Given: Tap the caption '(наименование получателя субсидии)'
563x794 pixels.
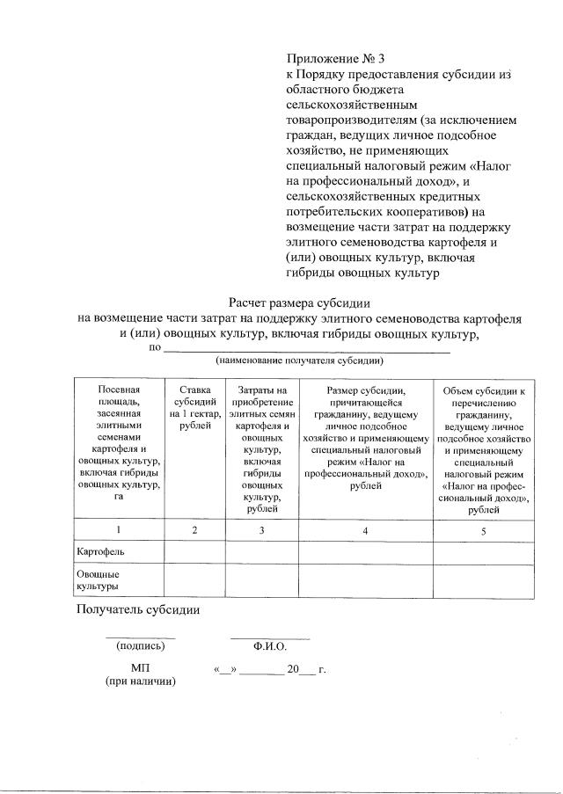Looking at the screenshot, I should tap(300, 361).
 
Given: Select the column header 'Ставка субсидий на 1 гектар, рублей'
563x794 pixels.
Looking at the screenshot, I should tap(194, 407).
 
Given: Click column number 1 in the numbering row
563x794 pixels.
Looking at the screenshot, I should tap(118, 530).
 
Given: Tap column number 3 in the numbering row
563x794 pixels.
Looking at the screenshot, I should tap(262, 530).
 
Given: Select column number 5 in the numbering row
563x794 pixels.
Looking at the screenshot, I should tap(483, 530).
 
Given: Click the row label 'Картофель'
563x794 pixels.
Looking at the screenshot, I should tap(100, 551).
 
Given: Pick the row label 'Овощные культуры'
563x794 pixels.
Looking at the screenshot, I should tap(99, 579).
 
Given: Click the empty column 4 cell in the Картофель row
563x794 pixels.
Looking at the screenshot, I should tap(365, 552).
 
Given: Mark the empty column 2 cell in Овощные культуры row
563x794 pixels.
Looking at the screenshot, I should tap(194, 580).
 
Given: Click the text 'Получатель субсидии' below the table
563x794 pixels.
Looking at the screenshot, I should tap(138, 609).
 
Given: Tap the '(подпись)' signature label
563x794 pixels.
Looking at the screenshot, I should tap(140, 646).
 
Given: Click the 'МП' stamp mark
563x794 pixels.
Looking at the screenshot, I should tap(140, 668).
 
